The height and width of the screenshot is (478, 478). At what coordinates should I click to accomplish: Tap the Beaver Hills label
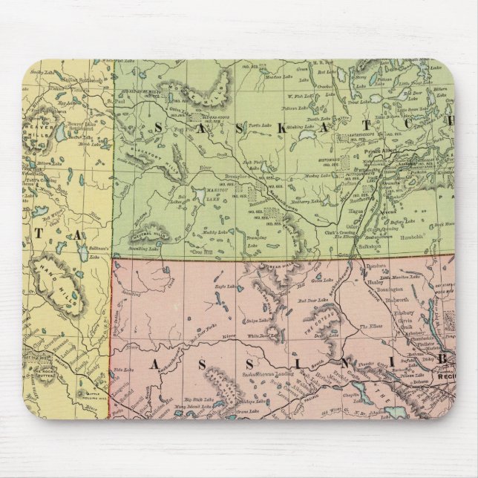pyautogui.click(x=38, y=131)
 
